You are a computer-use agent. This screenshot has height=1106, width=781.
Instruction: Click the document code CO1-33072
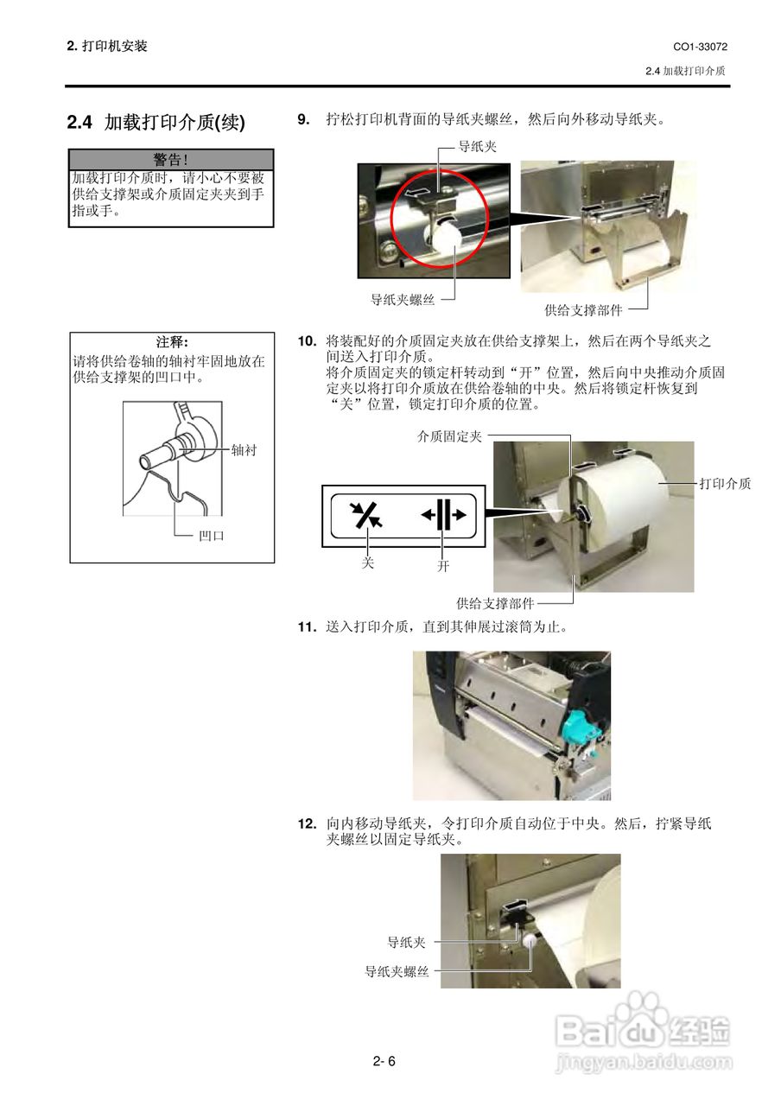(x=700, y=47)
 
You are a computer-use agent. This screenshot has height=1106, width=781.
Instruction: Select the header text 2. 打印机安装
(x=107, y=47)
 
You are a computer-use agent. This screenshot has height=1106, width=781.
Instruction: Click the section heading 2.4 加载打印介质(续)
(x=156, y=123)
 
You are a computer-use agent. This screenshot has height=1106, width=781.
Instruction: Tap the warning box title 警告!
(x=171, y=159)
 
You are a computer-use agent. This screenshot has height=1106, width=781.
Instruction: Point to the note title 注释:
(x=172, y=343)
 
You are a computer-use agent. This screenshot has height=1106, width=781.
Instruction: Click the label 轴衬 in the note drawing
(x=244, y=450)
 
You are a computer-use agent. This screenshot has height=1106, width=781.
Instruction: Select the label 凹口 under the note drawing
(x=212, y=536)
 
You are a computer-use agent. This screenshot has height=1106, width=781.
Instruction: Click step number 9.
(x=303, y=119)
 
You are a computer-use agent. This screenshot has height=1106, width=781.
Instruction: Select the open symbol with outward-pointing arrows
(x=443, y=514)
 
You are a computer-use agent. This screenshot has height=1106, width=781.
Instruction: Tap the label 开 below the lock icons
(x=443, y=568)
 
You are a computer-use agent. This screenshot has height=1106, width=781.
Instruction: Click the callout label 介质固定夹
(x=449, y=437)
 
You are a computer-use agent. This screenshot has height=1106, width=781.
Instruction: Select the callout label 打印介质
(x=725, y=484)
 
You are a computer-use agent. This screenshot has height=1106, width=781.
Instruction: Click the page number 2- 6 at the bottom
(x=384, y=1062)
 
